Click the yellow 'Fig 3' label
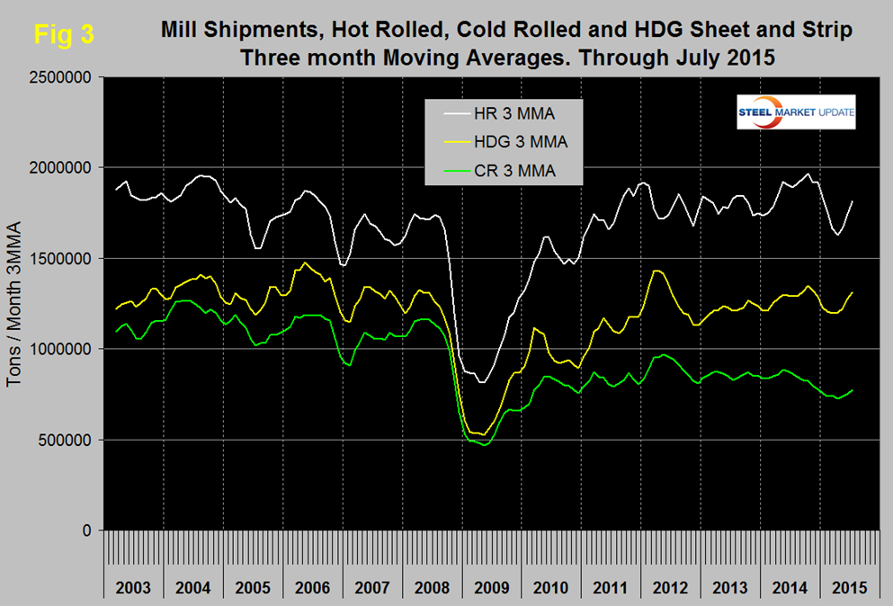62,35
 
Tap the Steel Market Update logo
794,113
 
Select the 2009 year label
492,589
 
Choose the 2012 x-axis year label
670,589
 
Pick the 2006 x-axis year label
313,589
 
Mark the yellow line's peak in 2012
657,270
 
